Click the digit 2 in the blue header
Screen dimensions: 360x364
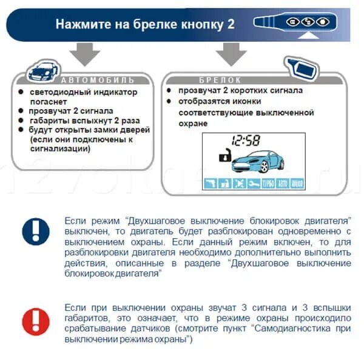pyautogui.click(x=230, y=24)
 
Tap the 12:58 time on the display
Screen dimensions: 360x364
pyautogui.click(x=245, y=141)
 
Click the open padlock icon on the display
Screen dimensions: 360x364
pyautogui.click(x=225, y=155)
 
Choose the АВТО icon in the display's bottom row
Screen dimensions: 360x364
pyautogui.click(x=283, y=184)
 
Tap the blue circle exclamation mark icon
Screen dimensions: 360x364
pyautogui.click(x=36, y=232)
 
